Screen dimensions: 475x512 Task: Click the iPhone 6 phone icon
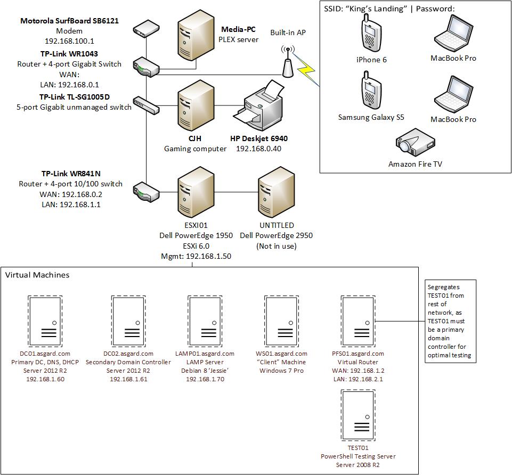[x=371, y=32]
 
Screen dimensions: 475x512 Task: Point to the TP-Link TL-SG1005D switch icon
[x=146, y=105]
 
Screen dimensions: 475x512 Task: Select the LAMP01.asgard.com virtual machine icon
[x=204, y=321]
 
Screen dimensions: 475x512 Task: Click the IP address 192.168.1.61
[x=128, y=379]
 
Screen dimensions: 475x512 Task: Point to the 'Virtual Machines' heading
[x=37, y=275]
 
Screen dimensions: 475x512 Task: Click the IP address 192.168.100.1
[x=69, y=40]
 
